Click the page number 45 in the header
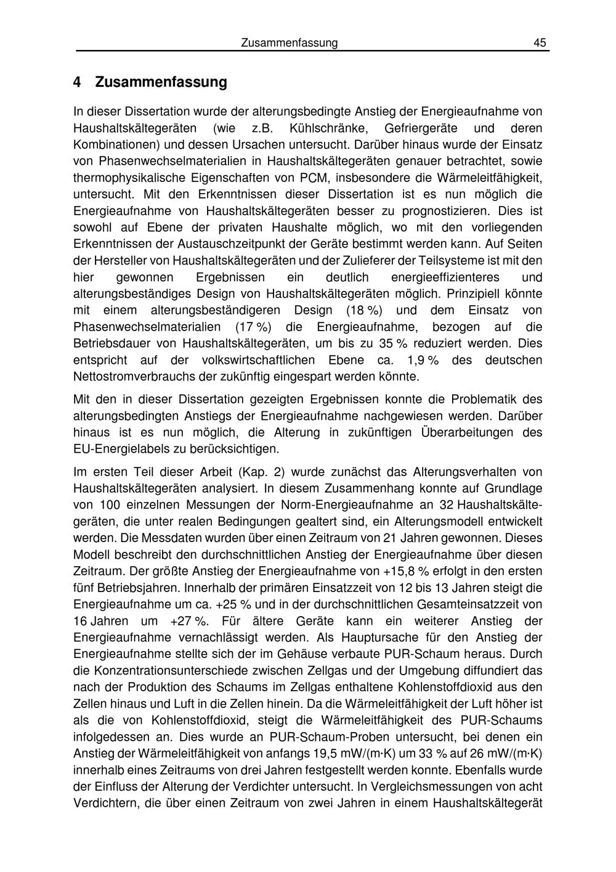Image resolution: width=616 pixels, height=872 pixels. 540,43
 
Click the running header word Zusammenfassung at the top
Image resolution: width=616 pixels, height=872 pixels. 289,43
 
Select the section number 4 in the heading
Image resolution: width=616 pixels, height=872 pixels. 78,82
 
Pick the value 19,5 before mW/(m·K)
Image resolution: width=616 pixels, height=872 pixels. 327,754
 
